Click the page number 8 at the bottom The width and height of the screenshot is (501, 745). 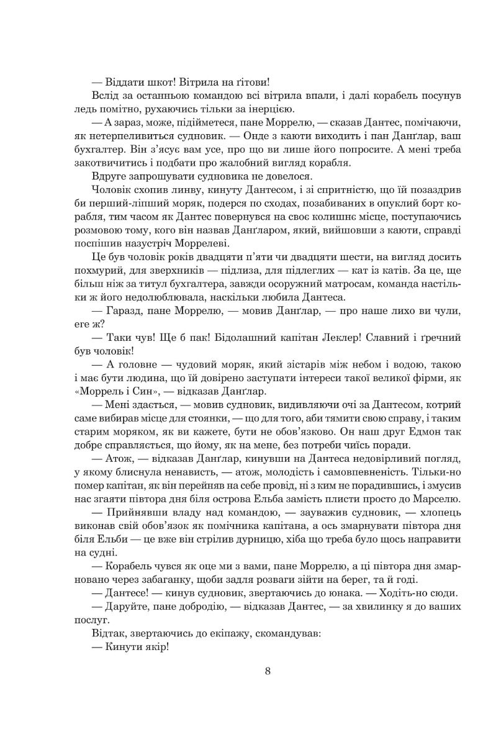[267, 670]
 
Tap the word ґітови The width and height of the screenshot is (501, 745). [249, 81]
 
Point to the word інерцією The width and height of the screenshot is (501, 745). [262, 109]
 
